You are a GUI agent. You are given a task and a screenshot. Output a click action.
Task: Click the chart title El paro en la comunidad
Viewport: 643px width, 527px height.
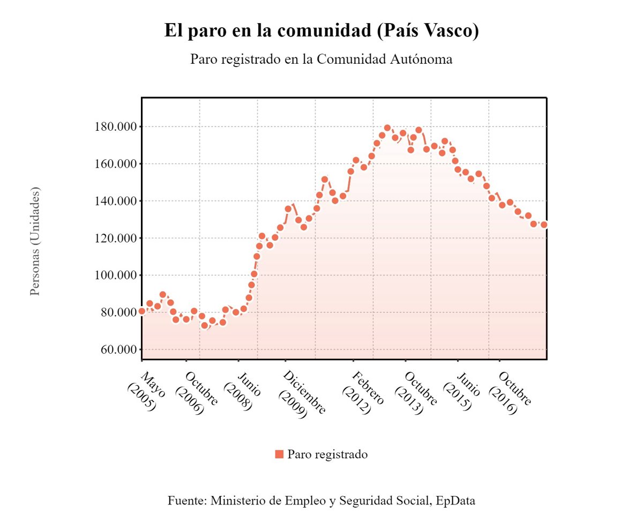click(x=322, y=31)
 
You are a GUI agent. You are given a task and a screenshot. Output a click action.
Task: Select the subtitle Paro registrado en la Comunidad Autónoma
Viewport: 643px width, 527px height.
click(x=322, y=59)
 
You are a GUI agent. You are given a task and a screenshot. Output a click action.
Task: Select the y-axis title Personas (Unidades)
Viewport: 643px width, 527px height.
click(x=35, y=241)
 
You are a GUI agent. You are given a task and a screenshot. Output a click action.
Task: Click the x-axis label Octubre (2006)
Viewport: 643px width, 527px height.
click(x=196, y=392)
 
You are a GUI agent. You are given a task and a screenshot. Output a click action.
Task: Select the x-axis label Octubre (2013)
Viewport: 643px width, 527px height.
click(x=416, y=392)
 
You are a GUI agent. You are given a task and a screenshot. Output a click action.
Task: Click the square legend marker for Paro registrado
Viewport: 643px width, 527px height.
click(x=279, y=455)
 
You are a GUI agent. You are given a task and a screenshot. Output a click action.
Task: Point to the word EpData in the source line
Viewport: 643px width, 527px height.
click(x=455, y=501)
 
